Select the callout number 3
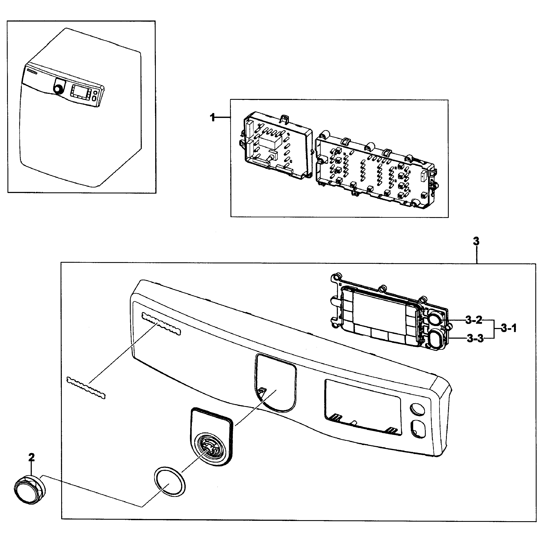click(x=476, y=241)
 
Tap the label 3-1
click(x=509, y=328)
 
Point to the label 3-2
click(x=474, y=320)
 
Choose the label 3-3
click(x=475, y=339)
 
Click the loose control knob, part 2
click(x=29, y=492)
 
